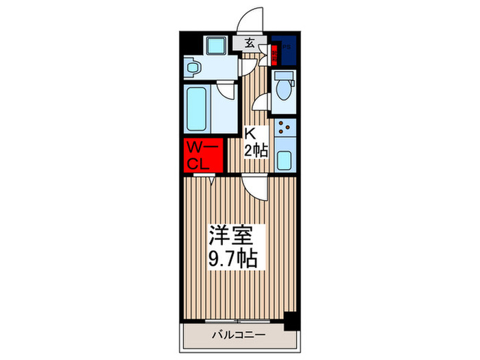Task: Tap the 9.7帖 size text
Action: point(233,260)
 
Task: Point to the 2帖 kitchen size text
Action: point(256,152)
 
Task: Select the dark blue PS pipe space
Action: point(283,50)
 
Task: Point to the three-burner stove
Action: point(285,128)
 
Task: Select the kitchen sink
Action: point(285,157)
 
